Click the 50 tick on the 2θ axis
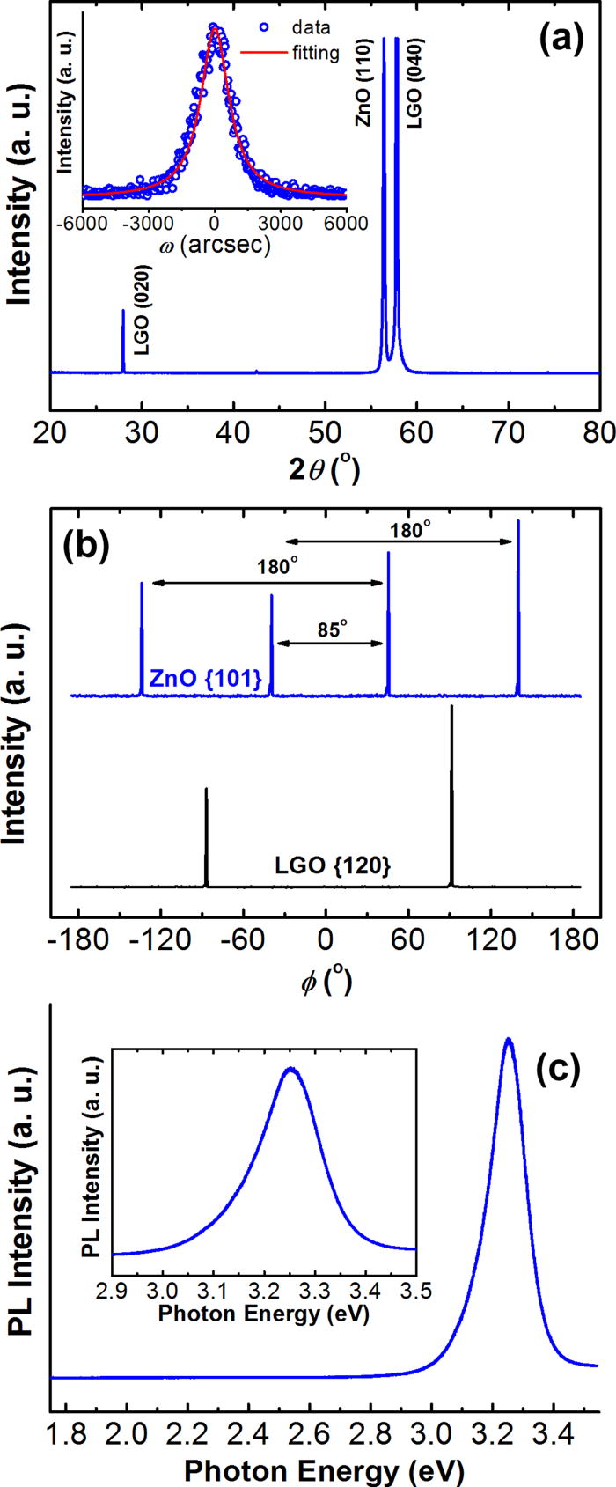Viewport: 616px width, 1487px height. pos(325,434)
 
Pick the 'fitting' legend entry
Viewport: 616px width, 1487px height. pos(314,53)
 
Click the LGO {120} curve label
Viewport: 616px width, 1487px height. pos(344,867)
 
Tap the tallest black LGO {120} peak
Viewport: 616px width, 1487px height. pos(451,707)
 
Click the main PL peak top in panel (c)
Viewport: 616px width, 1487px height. pos(508,1040)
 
